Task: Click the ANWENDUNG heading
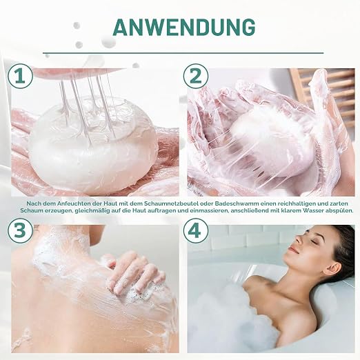pyautogui.click(x=184, y=27)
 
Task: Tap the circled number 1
pyautogui.click(x=20, y=76)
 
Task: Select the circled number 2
pyautogui.click(x=196, y=76)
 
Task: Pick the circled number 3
pyautogui.click(x=20, y=230)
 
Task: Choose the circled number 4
pyautogui.click(x=196, y=230)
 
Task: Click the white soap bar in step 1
pyautogui.click(x=92, y=147)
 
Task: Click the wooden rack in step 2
pyautogui.click(x=324, y=97)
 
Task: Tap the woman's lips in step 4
pyautogui.click(x=293, y=250)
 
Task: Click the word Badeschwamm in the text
pyautogui.click(x=234, y=203)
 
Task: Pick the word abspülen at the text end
pyautogui.click(x=339, y=210)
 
